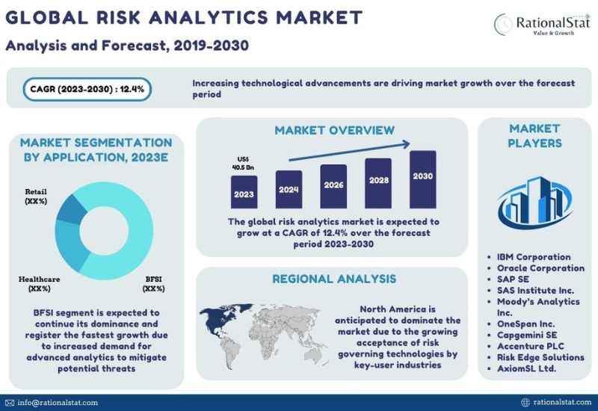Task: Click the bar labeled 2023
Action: coord(244,192)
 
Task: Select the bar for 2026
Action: coord(333,186)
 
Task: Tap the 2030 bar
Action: coord(423,179)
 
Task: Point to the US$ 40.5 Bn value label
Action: coord(244,163)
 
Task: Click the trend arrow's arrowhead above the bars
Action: coord(406,144)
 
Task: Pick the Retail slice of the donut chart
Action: coord(71,210)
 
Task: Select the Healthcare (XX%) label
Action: coord(40,284)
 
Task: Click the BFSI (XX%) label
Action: coord(154,284)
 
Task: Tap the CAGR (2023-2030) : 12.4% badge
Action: coord(87,89)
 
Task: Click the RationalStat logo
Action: coord(542,24)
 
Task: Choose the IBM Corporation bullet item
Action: coord(534,257)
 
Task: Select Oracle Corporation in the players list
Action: coord(540,268)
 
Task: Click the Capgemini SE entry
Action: coord(527,335)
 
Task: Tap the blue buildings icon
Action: coord(534,201)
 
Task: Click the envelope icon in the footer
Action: coord(10,403)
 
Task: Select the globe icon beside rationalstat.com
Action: coord(525,403)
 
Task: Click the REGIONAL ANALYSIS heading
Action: coord(334,279)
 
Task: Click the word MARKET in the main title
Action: coord(319,17)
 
